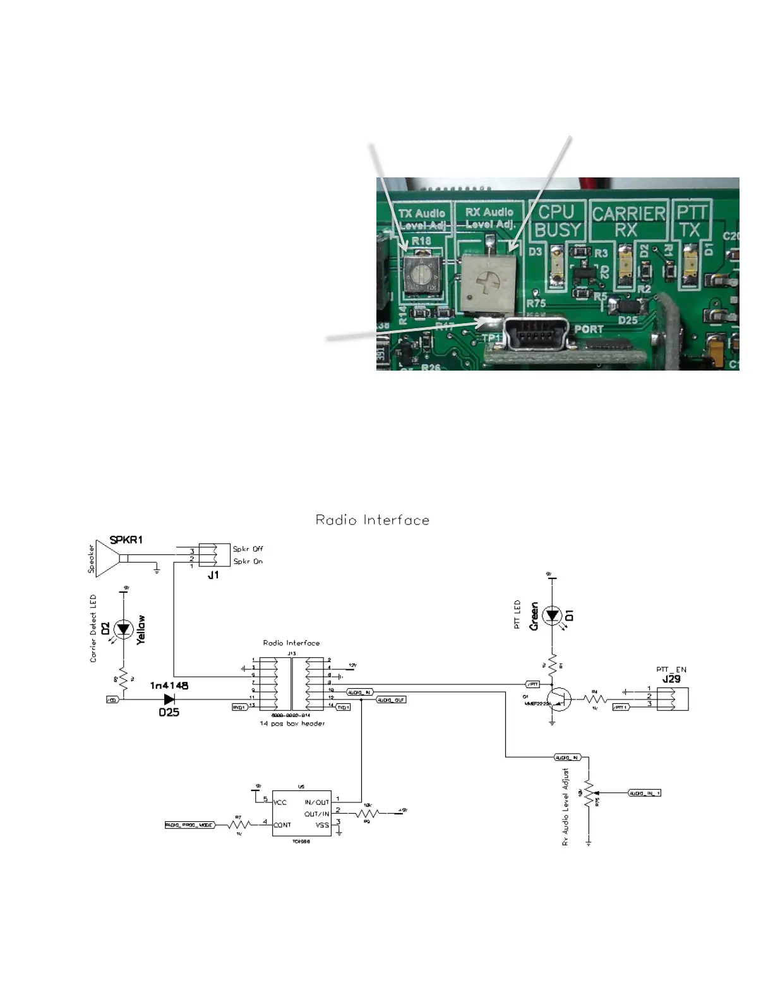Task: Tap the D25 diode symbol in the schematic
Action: coord(169,699)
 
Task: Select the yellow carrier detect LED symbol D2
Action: coord(124,629)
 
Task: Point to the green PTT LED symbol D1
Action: coord(553,615)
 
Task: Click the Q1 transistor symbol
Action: coord(560,699)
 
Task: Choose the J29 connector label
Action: coord(671,679)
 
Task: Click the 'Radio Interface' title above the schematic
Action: coord(372,520)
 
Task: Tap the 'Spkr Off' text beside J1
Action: coord(248,549)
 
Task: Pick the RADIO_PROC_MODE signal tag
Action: coord(189,824)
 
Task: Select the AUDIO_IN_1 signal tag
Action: coord(644,793)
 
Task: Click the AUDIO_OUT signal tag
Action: coord(392,700)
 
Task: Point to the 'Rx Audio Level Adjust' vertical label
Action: coord(566,807)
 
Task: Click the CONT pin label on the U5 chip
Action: coord(282,824)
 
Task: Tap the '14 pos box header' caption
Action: coord(292,723)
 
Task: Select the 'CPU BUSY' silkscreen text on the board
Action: coord(556,221)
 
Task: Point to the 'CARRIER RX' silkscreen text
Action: coord(628,222)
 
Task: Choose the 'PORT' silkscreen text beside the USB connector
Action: coord(589,329)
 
